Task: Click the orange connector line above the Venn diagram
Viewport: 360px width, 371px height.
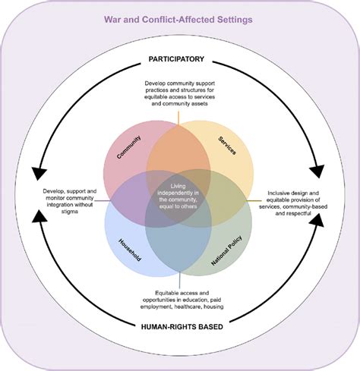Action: [179, 116]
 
